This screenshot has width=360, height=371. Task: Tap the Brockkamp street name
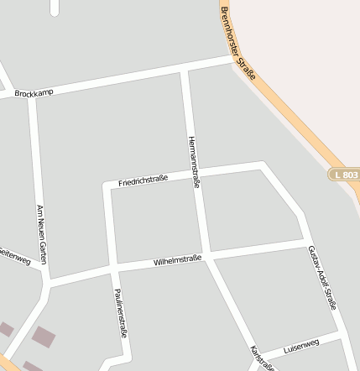[33, 93]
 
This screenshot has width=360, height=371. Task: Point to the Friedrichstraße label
[143, 179]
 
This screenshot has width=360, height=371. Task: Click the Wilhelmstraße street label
[177, 262]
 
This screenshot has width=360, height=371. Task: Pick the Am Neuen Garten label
[39, 234]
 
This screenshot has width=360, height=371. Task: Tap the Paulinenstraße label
[119, 313]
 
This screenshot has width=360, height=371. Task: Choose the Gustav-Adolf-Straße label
[321, 278]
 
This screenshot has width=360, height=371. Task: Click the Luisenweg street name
[301, 345]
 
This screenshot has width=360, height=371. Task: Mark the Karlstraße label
[261, 358]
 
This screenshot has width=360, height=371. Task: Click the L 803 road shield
[343, 174]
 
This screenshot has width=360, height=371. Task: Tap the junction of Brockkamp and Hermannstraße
[184, 71]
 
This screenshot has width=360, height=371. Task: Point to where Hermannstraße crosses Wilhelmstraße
[207, 254]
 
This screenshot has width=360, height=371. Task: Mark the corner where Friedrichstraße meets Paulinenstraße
[107, 186]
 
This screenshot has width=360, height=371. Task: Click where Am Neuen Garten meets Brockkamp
[33, 97]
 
